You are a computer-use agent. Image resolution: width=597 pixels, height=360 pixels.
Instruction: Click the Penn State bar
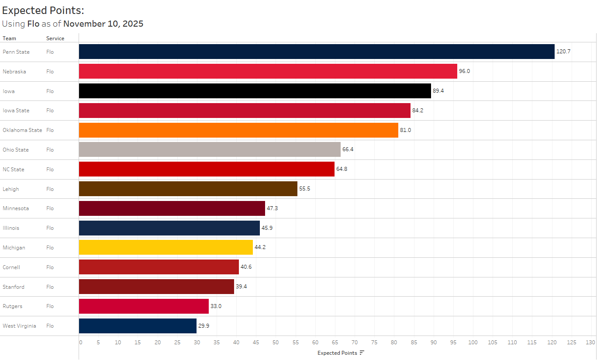pyautogui.click(x=317, y=52)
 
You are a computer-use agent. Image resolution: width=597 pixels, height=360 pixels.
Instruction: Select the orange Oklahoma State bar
pyautogui.click(x=238, y=130)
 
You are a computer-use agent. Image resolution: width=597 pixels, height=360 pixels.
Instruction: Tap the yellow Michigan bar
pyautogui.click(x=166, y=247)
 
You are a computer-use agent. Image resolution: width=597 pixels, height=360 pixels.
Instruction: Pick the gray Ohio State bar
pyautogui.click(x=210, y=149)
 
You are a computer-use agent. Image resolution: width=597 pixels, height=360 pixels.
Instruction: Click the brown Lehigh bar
pyautogui.click(x=188, y=189)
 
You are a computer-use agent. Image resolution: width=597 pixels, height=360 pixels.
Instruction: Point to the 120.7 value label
pyautogui.click(x=563, y=52)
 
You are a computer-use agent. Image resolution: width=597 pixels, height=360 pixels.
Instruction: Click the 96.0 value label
pyautogui.click(x=464, y=71)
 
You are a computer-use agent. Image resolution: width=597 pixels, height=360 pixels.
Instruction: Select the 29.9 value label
pyautogui.click(x=204, y=326)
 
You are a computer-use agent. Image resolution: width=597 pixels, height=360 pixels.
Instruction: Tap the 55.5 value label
pyautogui.click(x=304, y=189)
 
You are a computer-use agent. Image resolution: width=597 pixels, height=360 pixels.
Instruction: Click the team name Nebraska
pyautogui.click(x=14, y=71)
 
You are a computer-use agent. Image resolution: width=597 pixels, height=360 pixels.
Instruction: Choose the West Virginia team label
pyautogui.click(x=19, y=326)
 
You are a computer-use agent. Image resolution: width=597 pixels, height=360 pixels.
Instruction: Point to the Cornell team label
pyautogui.click(x=11, y=267)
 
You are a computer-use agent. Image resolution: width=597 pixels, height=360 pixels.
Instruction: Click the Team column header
pyautogui.click(x=9, y=38)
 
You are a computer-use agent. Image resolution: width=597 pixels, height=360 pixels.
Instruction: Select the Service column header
pyautogui.click(x=55, y=38)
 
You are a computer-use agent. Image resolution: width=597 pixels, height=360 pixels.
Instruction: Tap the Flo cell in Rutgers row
pyautogui.click(x=50, y=306)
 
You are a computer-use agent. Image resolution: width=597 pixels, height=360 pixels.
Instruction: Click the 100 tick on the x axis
pyautogui.click(x=473, y=343)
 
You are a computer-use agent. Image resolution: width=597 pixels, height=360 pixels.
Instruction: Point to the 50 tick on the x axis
pyautogui.click(x=276, y=343)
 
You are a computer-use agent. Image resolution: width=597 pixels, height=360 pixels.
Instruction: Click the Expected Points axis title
pyautogui.click(x=337, y=353)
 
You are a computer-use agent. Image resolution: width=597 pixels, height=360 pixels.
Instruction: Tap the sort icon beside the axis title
pyautogui.click(x=362, y=353)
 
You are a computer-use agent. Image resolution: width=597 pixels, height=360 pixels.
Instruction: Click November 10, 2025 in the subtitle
pyautogui.click(x=103, y=24)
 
